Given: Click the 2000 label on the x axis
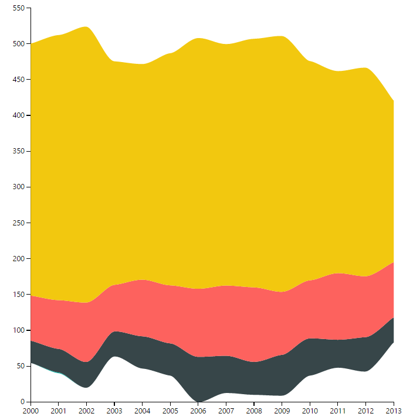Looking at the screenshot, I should point(31,411).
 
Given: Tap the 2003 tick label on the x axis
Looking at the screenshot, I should point(114,411).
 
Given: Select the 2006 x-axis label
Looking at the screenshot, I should point(198,411).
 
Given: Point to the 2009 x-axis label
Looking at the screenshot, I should point(282,411).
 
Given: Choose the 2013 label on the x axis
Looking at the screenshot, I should point(393,411).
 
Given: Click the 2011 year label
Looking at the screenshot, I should point(338,411).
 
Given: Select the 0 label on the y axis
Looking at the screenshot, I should point(22,402).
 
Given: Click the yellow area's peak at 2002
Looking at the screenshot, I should point(87,27).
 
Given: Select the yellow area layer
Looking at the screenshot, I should point(211,187).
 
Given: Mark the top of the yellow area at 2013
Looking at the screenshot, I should point(393,101).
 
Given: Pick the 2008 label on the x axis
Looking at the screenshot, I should point(254,411).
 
